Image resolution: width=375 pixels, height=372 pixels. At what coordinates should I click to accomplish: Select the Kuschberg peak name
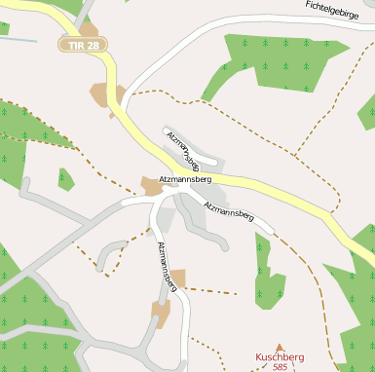pos(280,357)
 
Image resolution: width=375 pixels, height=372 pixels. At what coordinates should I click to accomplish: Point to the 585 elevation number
pos(280,367)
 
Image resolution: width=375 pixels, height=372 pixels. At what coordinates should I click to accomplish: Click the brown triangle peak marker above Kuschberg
pos(280,347)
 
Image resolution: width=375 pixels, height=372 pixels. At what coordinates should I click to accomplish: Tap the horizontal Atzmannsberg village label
pos(185,179)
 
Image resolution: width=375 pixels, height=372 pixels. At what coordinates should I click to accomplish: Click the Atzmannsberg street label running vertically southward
pos(168,265)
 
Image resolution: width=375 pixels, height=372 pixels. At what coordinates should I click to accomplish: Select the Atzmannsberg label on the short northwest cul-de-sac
pos(183,150)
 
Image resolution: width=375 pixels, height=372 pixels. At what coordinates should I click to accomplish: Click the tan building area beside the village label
pos(151,185)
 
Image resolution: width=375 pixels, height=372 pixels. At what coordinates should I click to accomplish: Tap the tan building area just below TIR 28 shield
pos(106,95)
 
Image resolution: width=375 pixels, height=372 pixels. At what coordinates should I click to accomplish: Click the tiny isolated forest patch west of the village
pos(65,179)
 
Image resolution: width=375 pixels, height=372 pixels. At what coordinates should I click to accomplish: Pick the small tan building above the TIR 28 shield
pos(89,28)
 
